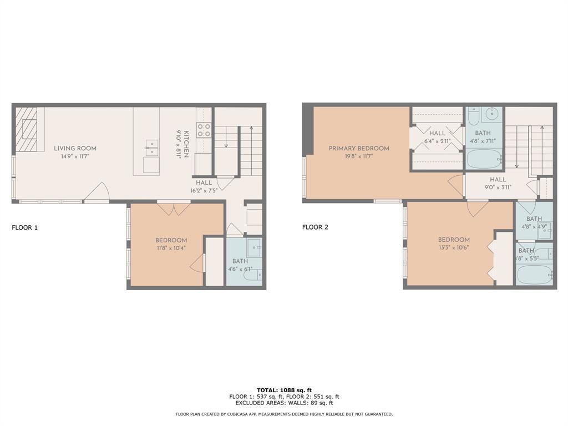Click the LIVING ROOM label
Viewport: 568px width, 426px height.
75,148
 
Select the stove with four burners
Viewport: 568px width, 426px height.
204,130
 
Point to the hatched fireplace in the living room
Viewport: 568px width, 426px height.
30,129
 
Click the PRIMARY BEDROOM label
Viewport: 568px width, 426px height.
359,148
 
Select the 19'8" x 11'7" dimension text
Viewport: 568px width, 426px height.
359,157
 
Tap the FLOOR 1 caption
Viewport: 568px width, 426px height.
25,227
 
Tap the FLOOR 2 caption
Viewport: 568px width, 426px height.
315,227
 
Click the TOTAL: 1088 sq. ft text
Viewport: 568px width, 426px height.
284,390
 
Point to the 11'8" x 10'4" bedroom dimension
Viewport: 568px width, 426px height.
171,248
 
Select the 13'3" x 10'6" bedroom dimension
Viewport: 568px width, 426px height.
453,248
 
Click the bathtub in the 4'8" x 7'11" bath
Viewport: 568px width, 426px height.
484,160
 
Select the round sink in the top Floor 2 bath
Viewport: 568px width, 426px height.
491,115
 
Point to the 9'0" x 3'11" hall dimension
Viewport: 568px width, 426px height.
498,187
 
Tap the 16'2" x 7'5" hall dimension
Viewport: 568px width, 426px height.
203,190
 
